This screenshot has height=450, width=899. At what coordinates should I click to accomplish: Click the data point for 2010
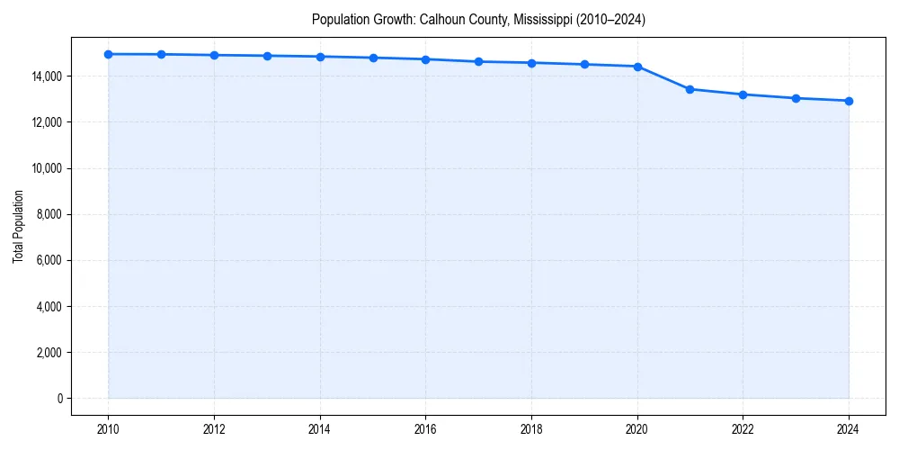[108, 54]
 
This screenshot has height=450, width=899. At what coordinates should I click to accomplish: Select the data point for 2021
[690, 89]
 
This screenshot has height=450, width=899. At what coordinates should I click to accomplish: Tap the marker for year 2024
[849, 101]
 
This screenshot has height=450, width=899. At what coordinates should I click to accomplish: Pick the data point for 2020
[637, 67]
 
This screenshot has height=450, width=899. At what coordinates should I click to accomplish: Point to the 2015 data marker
[373, 58]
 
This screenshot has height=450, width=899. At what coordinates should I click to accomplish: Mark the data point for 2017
[478, 61]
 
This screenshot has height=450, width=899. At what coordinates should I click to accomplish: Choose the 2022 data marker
[743, 94]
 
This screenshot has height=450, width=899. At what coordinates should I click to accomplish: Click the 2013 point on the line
[267, 56]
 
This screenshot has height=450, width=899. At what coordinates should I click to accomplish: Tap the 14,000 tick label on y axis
[47, 76]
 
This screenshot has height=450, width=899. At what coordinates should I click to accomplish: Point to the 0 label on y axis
[59, 398]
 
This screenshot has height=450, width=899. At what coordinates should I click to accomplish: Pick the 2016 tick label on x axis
[425, 430]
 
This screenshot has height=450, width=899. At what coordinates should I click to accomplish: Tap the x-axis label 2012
[214, 430]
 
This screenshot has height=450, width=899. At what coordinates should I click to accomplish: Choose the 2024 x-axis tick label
[849, 430]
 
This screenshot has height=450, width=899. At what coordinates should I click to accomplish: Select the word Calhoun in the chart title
[442, 19]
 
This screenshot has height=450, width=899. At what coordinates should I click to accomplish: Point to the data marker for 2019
[584, 64]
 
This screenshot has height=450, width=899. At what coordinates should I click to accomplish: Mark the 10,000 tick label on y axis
[47, 168]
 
